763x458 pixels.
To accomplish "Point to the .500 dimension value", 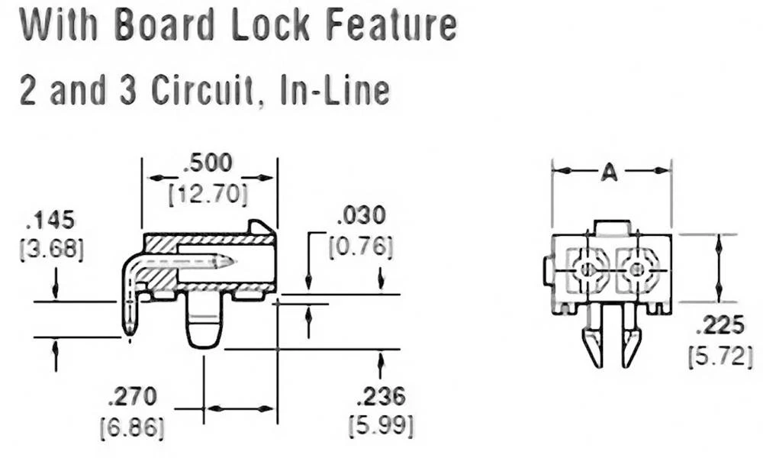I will pos(209,163).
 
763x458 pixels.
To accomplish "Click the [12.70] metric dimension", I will pos(208,195).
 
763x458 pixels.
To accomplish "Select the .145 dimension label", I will pos(51,221).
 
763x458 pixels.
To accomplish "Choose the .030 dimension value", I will pos(362,215).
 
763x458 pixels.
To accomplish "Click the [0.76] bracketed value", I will pos(362,247).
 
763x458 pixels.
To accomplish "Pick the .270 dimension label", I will pos(132,396).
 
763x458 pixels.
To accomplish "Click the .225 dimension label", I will pos(720,326).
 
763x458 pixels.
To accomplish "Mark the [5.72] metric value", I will pos(720,356).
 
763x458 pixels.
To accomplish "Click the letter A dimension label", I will pos(608,173).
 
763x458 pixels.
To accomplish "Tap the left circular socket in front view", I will pos(587,269).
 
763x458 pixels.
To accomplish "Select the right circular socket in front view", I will pos(635,269).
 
